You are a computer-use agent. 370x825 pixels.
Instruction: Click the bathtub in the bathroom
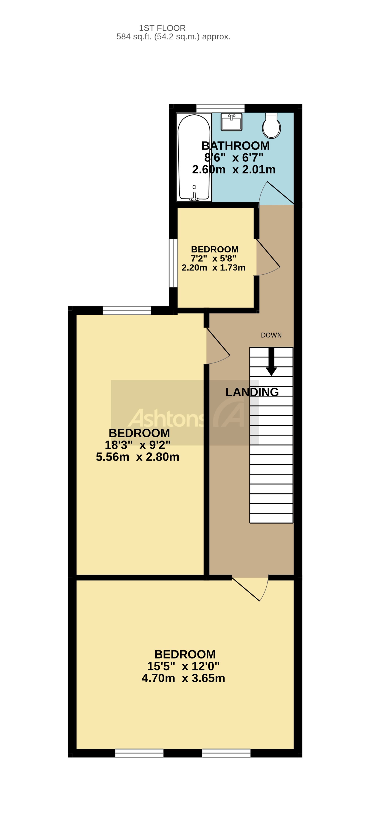[194, 157]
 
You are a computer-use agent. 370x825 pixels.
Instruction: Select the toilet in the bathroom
[271, 126]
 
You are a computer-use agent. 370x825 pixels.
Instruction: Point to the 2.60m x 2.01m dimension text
[234, 170]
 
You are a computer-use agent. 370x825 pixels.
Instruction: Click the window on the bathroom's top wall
[220, 108]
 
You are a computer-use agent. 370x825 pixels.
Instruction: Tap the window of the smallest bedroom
[173, 263]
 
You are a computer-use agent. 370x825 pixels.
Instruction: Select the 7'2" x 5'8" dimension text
[213, 258]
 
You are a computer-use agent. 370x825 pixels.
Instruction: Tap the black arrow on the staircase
[271, 362]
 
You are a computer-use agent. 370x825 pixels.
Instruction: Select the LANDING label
[252, 392]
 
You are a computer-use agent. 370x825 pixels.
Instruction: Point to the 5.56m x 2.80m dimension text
[138, 457]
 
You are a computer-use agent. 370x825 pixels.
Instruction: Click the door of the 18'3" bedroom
[218, 346]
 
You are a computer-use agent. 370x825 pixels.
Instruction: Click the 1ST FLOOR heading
[162, 28]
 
